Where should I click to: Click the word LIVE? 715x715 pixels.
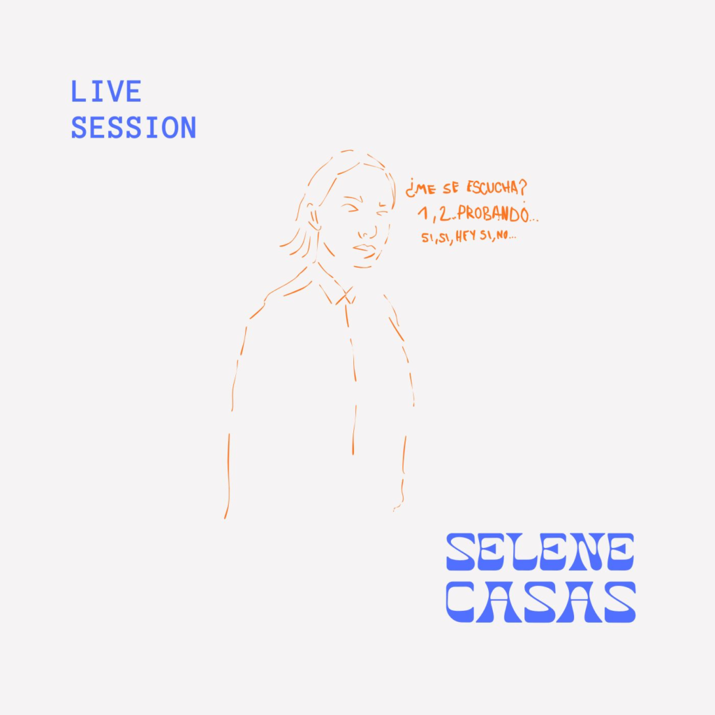106,91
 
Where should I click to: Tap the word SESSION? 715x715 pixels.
133,128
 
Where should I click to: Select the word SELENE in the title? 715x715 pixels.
540,552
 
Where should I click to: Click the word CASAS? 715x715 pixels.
541,602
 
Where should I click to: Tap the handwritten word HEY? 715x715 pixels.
466,237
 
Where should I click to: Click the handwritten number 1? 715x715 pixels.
424,212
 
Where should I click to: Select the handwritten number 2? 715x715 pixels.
444,213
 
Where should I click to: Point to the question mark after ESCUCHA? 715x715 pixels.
522,188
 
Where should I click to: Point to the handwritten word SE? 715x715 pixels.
450,189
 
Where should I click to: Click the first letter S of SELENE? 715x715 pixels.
462,552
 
